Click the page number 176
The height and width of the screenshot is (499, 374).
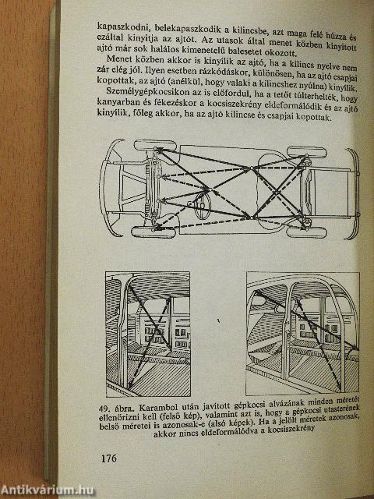(x=109, y=458)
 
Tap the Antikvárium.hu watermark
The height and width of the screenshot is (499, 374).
(x=47, y=490)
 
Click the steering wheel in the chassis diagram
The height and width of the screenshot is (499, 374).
(x=203, y=206)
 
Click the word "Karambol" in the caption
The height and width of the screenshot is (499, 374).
(x=153, y=407)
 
